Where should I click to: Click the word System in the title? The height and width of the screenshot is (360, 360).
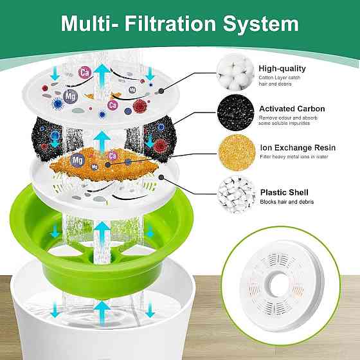point(261,24)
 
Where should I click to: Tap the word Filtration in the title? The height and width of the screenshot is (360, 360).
point(170,23)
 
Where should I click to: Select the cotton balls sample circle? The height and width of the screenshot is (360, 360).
point(235,72)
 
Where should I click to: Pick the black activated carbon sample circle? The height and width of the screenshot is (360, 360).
point(235,113)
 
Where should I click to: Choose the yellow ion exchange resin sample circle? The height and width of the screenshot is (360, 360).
point(237,153)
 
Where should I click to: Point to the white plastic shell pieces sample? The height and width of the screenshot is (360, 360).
point(237,195)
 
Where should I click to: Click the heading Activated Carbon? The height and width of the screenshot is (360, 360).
point(292,109)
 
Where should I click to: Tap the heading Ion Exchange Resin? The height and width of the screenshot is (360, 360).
point(298,148)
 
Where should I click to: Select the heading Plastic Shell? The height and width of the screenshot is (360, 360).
point(284,192)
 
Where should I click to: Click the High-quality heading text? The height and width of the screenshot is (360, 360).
point(282,68)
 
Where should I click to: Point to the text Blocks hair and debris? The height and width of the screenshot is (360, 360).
point(287,202)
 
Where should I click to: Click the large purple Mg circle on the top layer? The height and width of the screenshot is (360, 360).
point(70,96)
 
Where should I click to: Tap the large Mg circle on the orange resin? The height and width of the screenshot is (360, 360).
point(77,160)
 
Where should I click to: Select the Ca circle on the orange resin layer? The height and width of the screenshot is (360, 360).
point(113,156)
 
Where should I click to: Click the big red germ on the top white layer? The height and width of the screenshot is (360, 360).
point(140,106)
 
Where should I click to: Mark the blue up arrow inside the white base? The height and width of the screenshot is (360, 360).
point(102,312)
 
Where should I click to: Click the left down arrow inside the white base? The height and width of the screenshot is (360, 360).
point(55,310)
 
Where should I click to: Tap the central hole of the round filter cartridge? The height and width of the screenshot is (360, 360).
point(278,284)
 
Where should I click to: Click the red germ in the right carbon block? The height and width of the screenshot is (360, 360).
point(160,146)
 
